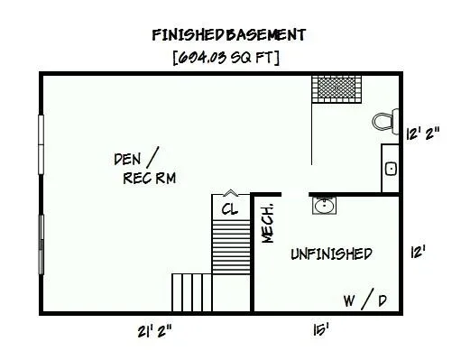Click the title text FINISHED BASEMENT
(x=229, y=35)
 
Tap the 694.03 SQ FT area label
(x=226, y=57)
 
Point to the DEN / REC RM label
(x=145, y=166)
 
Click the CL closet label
(x=230, y=209)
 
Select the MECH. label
(x=267, y=223)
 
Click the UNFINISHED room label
(x=331, y=254)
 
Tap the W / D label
(x=365, y=300)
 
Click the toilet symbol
(x=385, y=122)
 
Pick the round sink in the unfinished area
(x=324, y=206)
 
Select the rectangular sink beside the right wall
(x=391, y=169)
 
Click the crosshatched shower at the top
(x=337, y=89)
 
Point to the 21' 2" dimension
(x=154, y=331)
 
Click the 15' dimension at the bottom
(x=320, y=330)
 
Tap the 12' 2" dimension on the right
(x=423, y=134)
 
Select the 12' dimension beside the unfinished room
(x=418, y=252)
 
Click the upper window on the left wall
(x=41, y=144)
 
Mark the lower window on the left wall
(x=41, y=245)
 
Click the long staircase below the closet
(x=231, y=246)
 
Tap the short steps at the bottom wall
(x=192, y=292)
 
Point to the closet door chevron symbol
(x=231, y=193)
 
